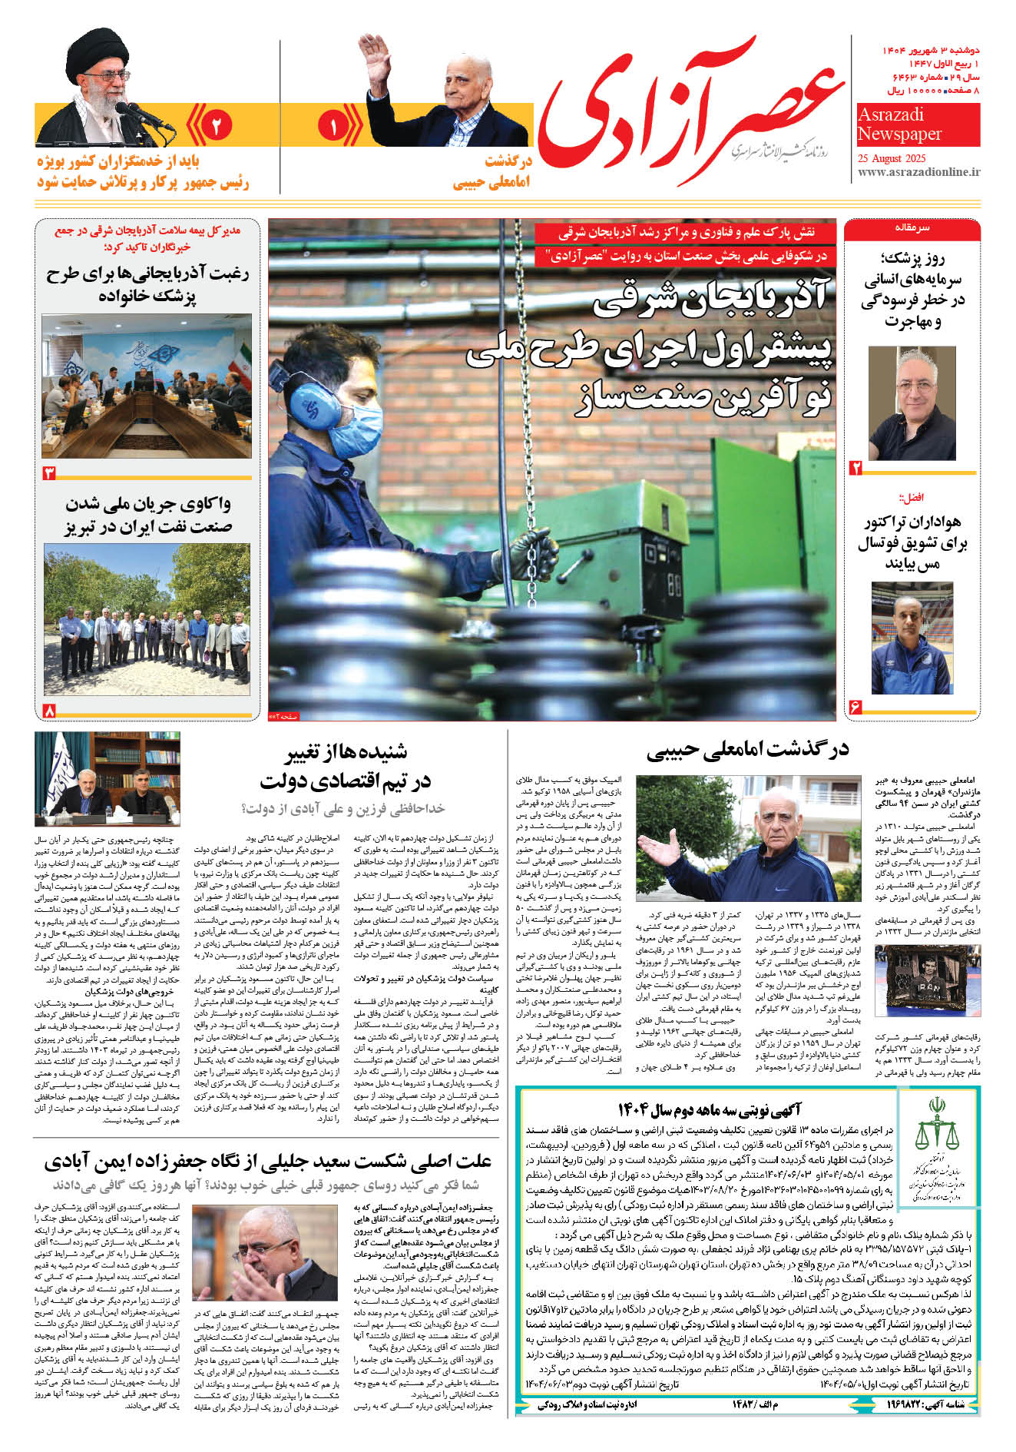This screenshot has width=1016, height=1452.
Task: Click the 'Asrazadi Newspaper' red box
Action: tap(918, 125)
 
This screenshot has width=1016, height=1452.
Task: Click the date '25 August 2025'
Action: tap(892, 159)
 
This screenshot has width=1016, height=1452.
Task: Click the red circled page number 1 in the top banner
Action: tap(333, 127)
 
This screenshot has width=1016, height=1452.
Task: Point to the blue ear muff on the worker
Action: tap(315, 407)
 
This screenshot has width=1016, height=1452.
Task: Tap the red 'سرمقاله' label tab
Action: tap(912, 228)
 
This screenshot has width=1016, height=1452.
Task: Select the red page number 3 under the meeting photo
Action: tap(50, 472)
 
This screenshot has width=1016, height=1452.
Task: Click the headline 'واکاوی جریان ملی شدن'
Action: tap(148, 505)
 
